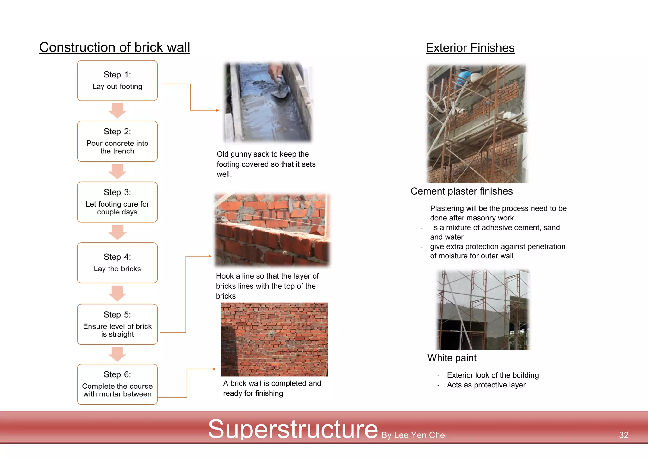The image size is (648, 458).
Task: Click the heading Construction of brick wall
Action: coord(115,47)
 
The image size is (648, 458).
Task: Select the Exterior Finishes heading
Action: coord(470,48)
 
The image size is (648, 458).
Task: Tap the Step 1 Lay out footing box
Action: coord(117,81)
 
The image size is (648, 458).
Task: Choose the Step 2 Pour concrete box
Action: coord(117,141)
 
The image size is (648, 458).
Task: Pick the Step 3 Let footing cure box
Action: coord(117,202)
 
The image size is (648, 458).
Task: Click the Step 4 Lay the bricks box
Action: coord(117,263)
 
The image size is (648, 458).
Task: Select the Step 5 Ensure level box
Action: coord(117,324)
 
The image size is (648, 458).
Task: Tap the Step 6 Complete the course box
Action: coord(117,384)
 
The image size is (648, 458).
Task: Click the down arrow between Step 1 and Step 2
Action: coord(117,110)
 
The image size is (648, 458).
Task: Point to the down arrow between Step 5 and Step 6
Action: coord(117,354)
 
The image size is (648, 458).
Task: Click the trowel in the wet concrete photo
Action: coord(280,90)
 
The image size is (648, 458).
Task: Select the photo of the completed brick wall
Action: coord(274,339)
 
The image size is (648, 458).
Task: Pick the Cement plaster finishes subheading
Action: coord(461,191)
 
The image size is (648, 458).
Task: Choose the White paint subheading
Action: coord(452,358)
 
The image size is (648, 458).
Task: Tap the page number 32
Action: coord(623,435)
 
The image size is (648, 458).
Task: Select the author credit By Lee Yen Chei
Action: coord(414,435)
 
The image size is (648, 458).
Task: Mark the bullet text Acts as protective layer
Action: coord(486,385)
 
